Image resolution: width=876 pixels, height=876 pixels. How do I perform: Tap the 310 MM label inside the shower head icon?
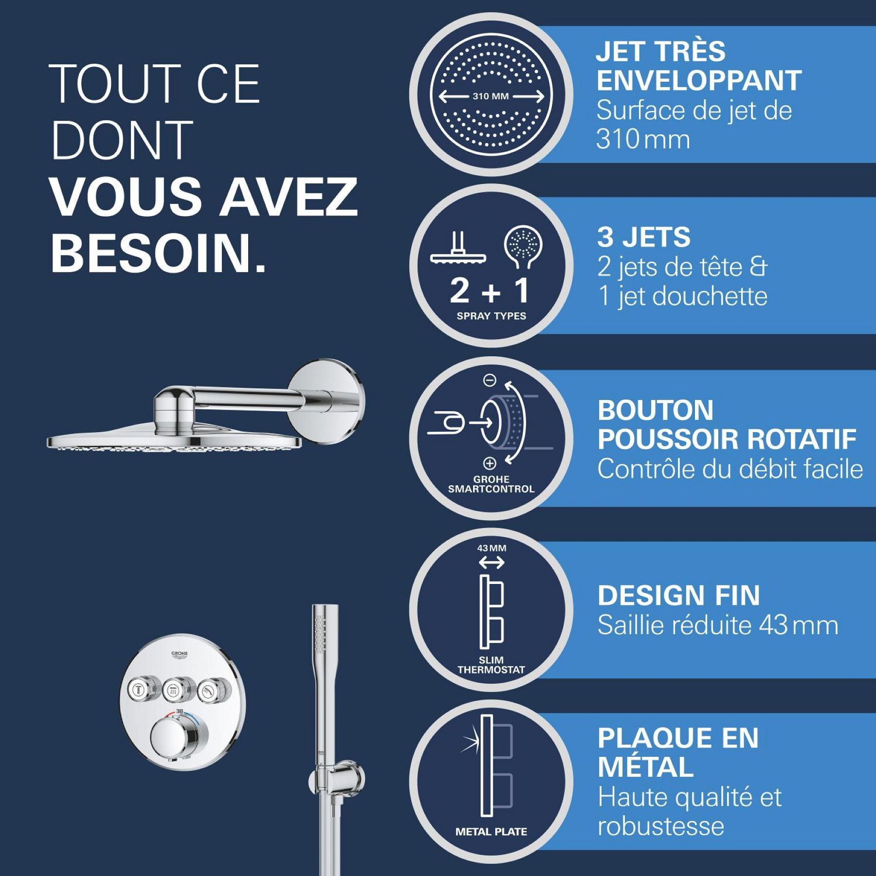[x=491, y=96]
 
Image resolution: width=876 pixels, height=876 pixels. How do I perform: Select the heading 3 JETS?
[x=643, y=237]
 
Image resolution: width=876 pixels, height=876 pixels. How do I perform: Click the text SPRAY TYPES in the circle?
[x=491, y=316]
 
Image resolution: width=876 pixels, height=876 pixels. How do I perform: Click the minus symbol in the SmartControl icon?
[x=490, y=380]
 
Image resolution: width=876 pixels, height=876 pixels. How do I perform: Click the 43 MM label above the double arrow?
[x=492, y=548]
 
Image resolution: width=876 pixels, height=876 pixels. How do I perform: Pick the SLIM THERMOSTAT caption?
[x=491, y=665]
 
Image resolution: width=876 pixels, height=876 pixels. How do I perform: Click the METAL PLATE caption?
[x=491, y=832]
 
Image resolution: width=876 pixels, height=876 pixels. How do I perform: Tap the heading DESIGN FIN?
[x=678, y=595]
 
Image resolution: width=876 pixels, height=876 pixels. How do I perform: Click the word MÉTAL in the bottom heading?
[x=645, y=766]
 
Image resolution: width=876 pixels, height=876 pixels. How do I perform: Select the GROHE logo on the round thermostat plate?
[x=180, y=655]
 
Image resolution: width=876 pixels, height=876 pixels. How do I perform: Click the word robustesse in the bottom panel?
[x=660, y=826]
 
